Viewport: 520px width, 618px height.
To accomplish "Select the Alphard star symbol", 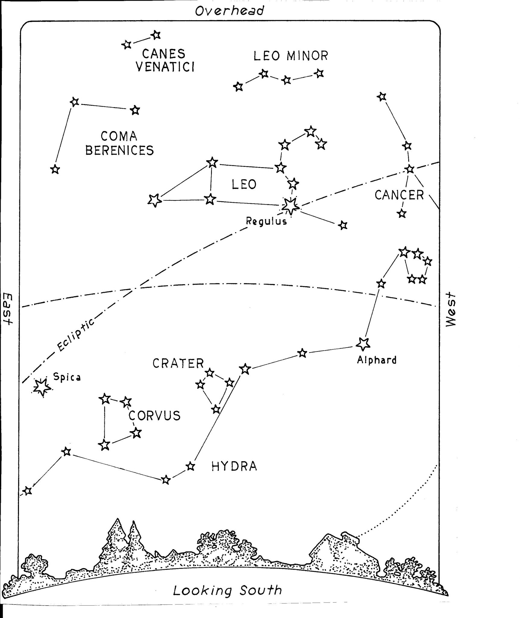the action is pos(363,344).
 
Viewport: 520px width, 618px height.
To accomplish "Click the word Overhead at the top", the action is pos(229,11).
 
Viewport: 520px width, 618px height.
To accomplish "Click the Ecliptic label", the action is pos(76,335).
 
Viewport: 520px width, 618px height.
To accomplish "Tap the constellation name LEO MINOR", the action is pos(291,56).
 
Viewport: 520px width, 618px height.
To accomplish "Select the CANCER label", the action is pos(399,195).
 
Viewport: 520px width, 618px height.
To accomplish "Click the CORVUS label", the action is pos(154,416).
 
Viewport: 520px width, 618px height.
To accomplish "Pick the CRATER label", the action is pos(178,363).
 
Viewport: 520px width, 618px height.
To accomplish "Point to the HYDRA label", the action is pos(234,467).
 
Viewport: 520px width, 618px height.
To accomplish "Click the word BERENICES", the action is pos(120,150).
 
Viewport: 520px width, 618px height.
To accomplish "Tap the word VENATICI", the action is pos(165,67).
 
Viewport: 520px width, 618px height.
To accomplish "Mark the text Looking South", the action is pos(228,590).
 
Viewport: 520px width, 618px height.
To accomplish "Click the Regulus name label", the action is pos(266,222).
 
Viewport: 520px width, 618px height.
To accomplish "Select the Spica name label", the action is pos(67,377).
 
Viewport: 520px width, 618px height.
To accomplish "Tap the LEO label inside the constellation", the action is pos(244,184).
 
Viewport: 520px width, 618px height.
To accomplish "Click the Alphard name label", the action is pos(377,360).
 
